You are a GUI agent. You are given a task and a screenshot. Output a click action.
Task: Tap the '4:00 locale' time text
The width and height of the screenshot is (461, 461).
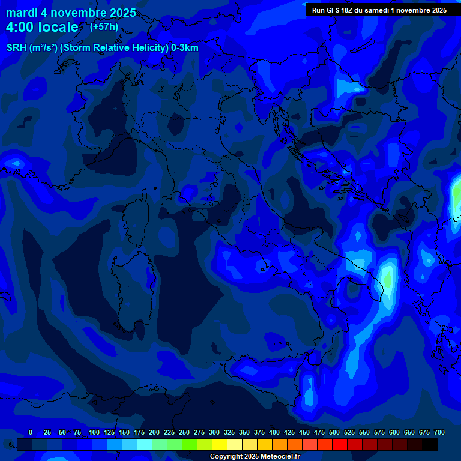click(x=42, y=27)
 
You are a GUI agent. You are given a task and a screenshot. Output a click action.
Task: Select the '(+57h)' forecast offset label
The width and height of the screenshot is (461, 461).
click(x=104, y=26)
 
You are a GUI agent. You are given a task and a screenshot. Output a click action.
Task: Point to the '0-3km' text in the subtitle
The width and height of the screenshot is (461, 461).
click(x=185, y=48)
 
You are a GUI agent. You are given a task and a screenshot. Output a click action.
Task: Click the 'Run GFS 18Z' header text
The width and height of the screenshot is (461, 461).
click(x=333, y=10)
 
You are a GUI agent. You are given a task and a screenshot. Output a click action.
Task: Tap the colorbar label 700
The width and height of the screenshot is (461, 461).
click(x=439, y=432)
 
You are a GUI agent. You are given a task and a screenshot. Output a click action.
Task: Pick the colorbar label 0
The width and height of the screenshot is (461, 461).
click(x=31, y=432)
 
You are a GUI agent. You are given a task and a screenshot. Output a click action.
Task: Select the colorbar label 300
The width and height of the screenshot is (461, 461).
click(x=214, y=432)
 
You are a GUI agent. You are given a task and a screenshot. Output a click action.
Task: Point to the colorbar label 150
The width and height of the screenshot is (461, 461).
click(x=124, y=432)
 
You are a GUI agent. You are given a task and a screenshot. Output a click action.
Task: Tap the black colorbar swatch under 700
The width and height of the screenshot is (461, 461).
click(x=430, y=444)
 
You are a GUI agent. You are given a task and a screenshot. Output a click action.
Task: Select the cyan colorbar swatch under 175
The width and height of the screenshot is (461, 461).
click(x=145, y=444)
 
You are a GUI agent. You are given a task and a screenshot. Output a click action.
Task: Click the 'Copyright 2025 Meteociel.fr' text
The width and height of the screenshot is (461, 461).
click(x=255, y=457)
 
